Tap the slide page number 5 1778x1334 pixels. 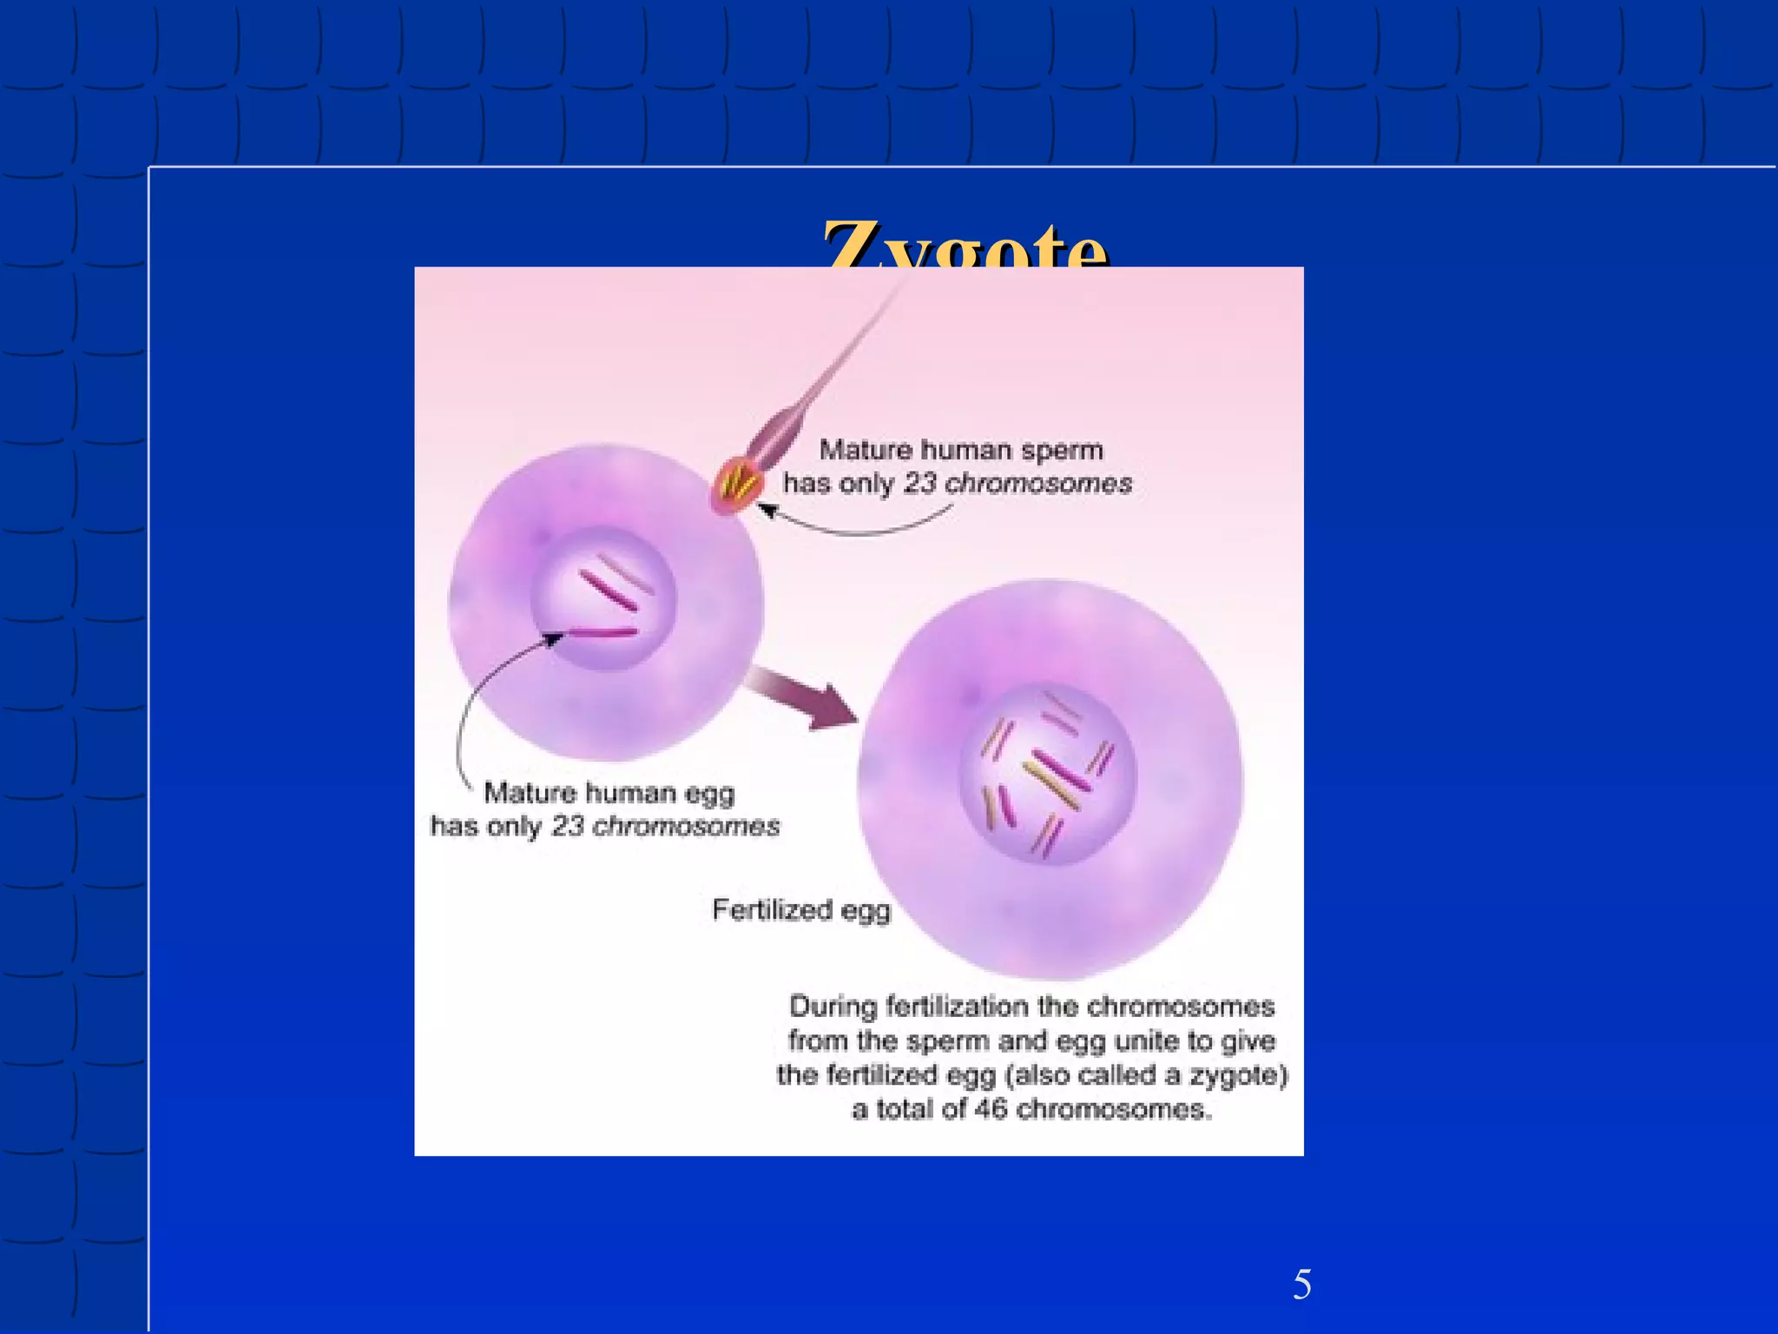click(1301, 1284)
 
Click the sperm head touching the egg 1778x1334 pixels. click(737, 484)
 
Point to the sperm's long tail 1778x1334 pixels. click(833, 365)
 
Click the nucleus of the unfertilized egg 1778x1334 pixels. click(604, 599)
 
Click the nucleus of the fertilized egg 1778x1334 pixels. click(1047, 773)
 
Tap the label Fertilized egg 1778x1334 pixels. click(800, 909)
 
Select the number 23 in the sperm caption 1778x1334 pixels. click(919, 483)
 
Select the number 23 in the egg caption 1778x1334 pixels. click(567, 825)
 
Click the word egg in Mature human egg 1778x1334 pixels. click(709, 792)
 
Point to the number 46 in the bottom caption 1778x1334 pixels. click(990, 1109)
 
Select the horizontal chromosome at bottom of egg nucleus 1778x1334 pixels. click(603, 633)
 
